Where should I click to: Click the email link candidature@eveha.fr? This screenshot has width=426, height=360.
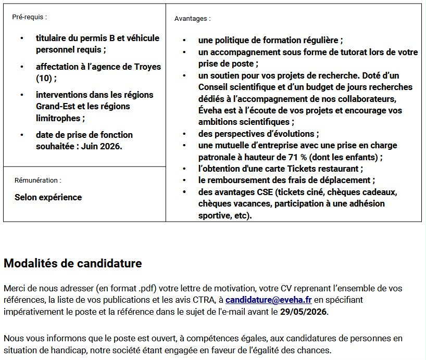268,300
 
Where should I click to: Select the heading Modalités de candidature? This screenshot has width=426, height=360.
72,263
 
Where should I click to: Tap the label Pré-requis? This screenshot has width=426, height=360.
29,17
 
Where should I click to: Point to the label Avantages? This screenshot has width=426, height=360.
192,19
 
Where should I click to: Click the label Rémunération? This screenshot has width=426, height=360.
37,180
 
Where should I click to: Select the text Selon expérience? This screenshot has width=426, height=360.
48,197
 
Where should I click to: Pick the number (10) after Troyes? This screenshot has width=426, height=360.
44,79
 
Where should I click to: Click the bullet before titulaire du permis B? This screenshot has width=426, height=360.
21,38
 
